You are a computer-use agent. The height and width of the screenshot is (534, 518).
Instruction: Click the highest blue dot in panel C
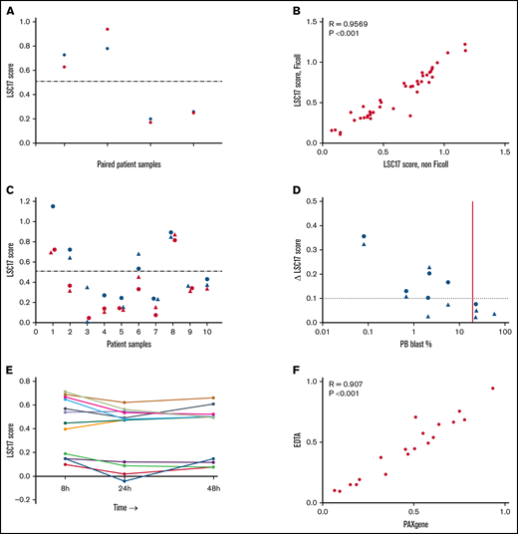pyautogui.click(x=52, y=206)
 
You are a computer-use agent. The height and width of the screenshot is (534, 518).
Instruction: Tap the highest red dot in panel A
pyautogui.click(x=108, y=29)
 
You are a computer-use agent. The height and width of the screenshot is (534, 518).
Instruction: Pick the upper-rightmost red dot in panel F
pyautogui.click(x=492, y=389)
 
